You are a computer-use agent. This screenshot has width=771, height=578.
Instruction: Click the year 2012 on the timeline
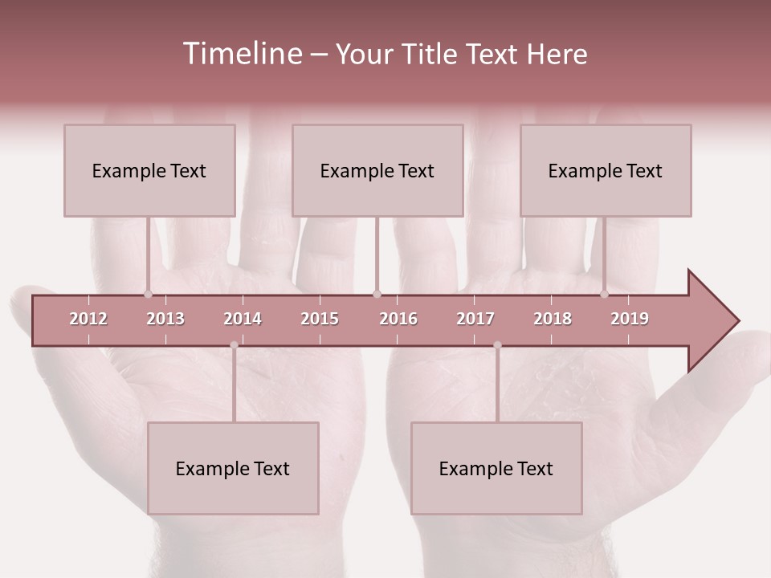click(x=88, y=319)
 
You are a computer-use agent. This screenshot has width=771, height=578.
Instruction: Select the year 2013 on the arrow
click(x=165, y=319)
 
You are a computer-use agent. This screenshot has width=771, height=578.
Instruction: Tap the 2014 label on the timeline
click(x=243, y=319)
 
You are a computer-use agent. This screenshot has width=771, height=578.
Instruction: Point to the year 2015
click(x=320, y=319)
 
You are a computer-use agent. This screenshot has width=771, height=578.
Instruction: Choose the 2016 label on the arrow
click(x=398, y=319)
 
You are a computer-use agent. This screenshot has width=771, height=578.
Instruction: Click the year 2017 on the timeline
click(x=475, y=319)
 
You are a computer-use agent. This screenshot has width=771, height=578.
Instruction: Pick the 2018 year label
click(x=553, y=319)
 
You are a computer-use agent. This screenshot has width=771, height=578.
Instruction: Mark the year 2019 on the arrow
click(x=630, y=319)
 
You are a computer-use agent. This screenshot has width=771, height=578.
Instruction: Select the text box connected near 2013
click(x=149, y=170)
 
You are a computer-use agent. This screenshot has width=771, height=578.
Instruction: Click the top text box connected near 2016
click(x=377, y=170)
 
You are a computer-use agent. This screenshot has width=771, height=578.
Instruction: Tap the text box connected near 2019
click(x=606, y=170)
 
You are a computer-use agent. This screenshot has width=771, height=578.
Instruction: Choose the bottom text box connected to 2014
click(x=233, y=468)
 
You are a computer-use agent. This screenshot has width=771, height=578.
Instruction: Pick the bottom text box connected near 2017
click(x=496, y=468)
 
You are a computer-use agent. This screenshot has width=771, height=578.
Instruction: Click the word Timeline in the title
click(x=242, y=54)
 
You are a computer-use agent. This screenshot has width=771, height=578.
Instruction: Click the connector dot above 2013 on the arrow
click(x=148, y=294)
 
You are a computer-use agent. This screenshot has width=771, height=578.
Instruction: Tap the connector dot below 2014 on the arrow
click(x=234, y=345)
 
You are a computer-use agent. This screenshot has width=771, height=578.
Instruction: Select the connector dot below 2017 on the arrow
click(x=497, y=345)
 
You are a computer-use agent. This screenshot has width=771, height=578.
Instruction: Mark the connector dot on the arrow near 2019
click(x=604, y=294)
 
